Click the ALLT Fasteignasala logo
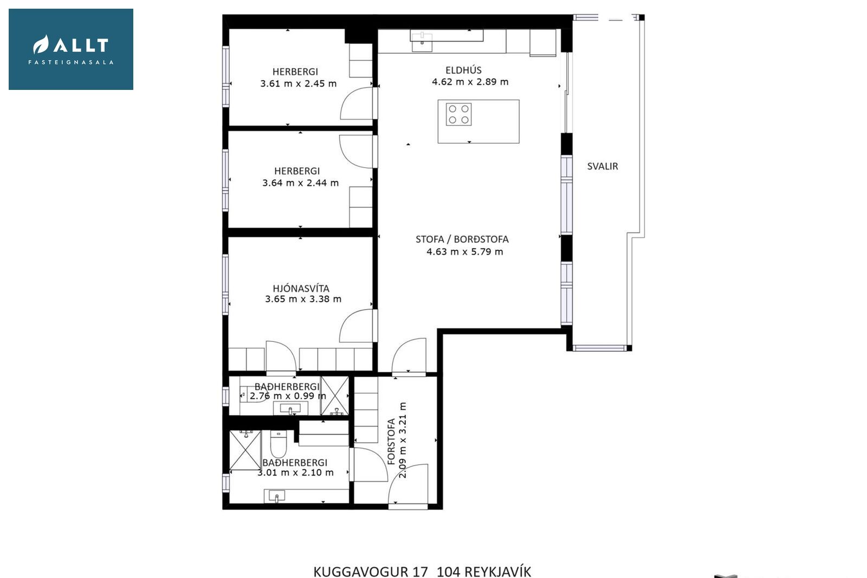pyautogui.click(x=71, y=49)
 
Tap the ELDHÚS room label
pyautogui.click(x=463, y=70)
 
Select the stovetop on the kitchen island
pyautogui.click(x=458, y=114)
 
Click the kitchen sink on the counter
pyautogui.click(x=422, y=42)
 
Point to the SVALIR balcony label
pyautogui.click(x=602, y=166)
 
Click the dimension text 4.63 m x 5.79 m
pyautogui.click(x=464, y=252)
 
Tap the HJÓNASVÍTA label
pyautogui.click(x=301, y=288)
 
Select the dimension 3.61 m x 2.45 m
pyautogui.click(x=298, y=83)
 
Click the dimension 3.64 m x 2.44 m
pyautogui.click(x=300, y=183)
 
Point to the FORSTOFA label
pyautogui.click(x=391, y=441)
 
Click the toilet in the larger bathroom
pyautogui.click(x=278, y=444)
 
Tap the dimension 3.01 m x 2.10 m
pyautogui.click(x=295, y=472)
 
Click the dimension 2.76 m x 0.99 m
pyautogui.click(x=288, y=396)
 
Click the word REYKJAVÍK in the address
pyautogui.click(x=498, y=571)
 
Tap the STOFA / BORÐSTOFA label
pyautogui.click(x=462, y=239)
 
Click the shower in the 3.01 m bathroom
pyautogui.click(x=245, y=450)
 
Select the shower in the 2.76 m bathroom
pyautogui.click(x=334, y=395)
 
